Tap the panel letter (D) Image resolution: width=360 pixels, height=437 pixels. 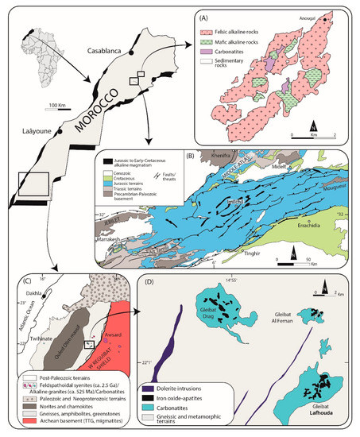[x=146, y=280]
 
